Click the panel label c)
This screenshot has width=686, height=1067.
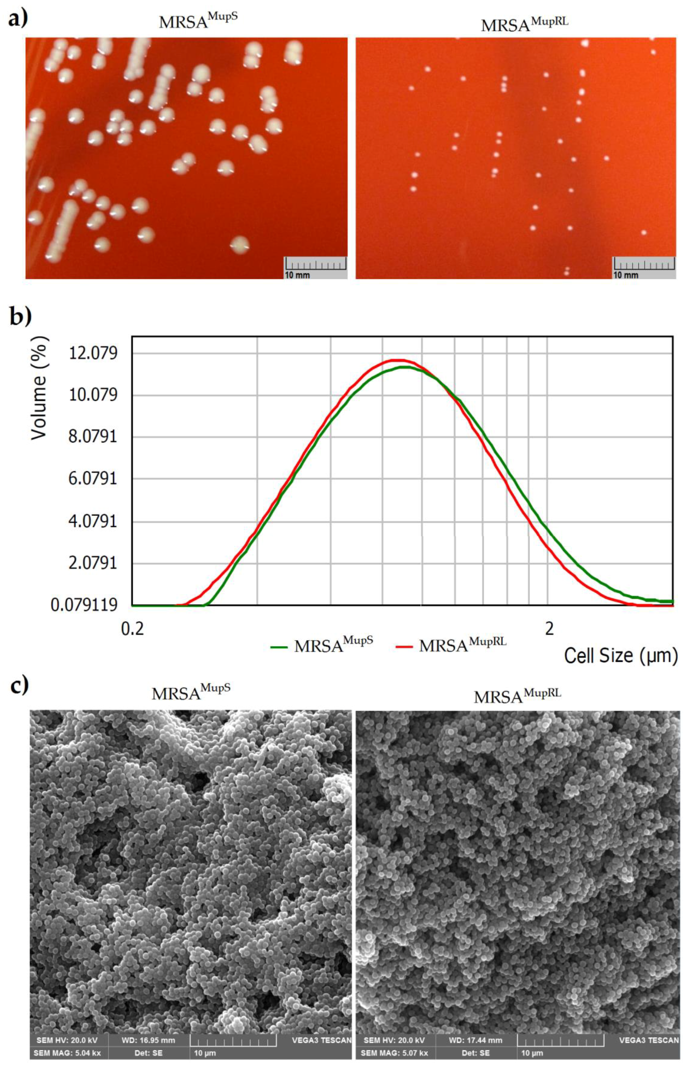pos(19,685)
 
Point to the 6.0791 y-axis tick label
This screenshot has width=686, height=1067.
pos(92,479)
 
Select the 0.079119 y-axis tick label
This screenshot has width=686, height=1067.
pos(84,605)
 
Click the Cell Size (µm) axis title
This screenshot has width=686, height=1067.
pos(621,655)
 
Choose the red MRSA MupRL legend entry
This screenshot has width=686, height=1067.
pos(451,644)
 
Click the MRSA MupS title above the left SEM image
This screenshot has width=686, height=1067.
pos(191,693)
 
